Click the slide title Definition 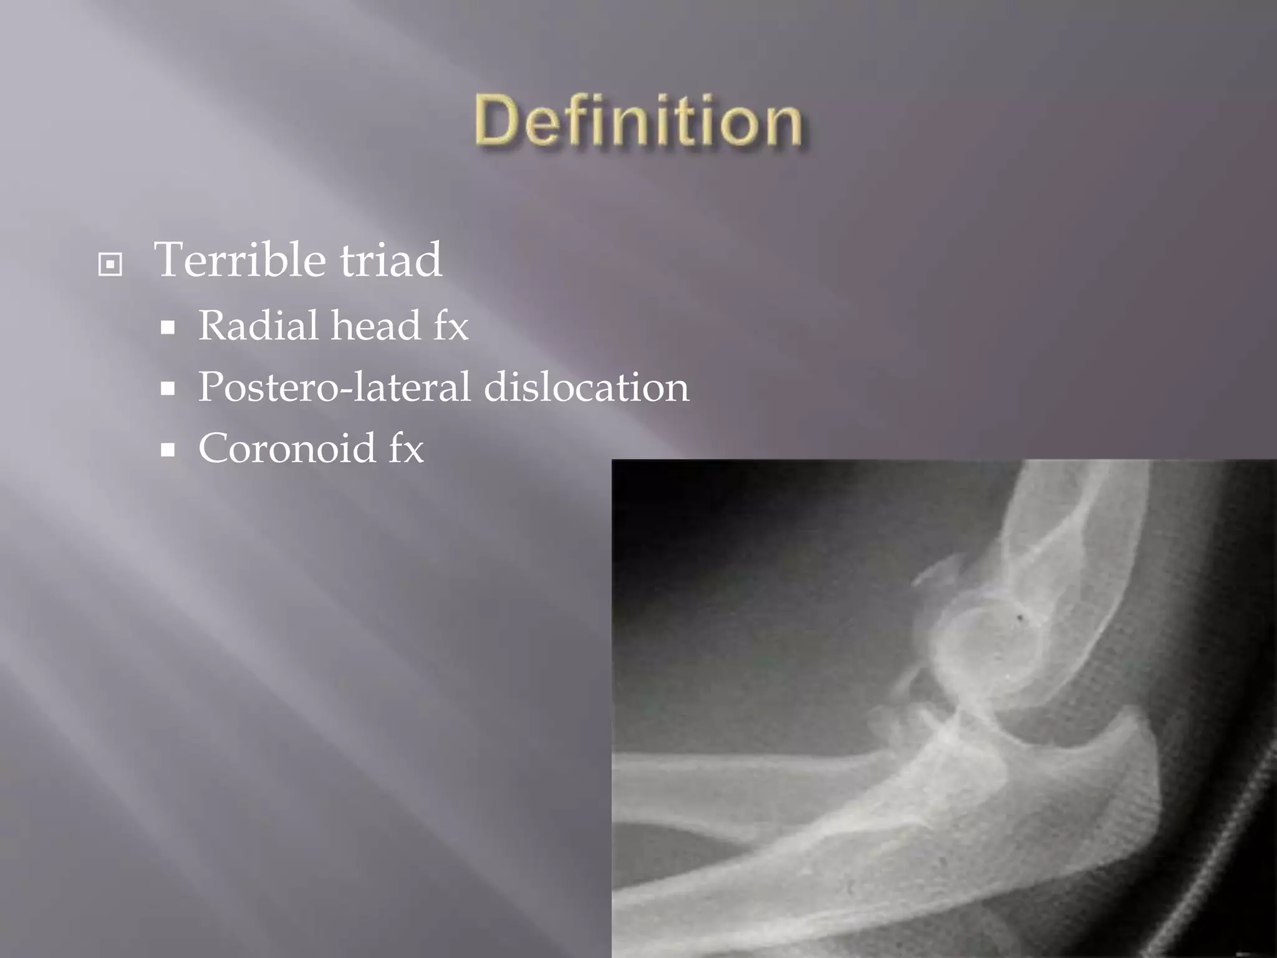(638, 121)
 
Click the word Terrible (241, 259)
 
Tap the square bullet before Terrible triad (110, 265)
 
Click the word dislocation (587, 387)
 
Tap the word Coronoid (287, 448)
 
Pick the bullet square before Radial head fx (167, 328)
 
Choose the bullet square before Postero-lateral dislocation (167, 389)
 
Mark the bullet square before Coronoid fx (167, 450)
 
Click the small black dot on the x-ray (1021, 618)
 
